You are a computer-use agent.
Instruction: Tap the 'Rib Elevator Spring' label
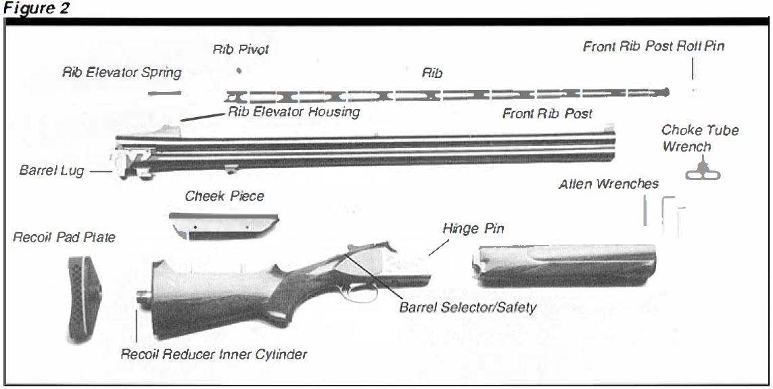(x=122, y=72)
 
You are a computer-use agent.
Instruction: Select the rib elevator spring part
(x=165, y=93)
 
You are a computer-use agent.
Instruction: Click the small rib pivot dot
(x=238, y=70)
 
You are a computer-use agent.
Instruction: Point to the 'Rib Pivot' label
(x=241, y=49)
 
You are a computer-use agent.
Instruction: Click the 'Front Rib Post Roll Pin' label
(x=654, y=47)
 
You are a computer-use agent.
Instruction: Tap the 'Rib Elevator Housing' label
(x=294, y=112)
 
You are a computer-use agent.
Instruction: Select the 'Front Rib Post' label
(x=547, y=114)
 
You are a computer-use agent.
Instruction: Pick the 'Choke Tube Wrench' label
(x=699, y=138)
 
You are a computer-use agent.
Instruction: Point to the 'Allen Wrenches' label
(x=608, y=183)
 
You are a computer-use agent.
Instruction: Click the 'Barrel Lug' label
(x=51, y=170)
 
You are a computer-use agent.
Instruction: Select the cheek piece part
(x=223, y=225)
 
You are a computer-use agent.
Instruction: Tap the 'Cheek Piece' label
(x=225, y=196)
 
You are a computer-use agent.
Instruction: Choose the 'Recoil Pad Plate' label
(x=64, y=237)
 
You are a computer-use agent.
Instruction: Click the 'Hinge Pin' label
(x=473, y=229)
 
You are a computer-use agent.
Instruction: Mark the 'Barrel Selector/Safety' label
(x=467, y=307)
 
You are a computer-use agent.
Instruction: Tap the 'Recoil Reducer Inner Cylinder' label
(x=214, y=354)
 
